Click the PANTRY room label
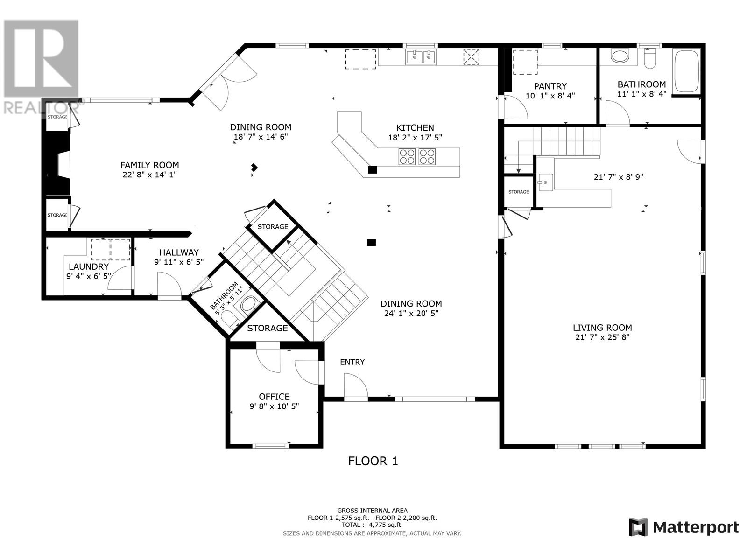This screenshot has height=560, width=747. pos(550,86)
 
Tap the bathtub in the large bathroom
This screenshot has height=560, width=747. pos(686,71)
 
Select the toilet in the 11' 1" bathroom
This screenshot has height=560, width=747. pos(650,59)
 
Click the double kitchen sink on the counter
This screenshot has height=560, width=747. pos(421,57)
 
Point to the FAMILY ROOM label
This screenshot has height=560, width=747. pos(149,165)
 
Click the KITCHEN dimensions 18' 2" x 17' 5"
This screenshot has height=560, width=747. pos(415,137)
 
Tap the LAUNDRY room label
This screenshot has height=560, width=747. pos(89,266)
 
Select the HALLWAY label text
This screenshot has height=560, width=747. pos(179,252)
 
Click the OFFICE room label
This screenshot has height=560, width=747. pos(274,397)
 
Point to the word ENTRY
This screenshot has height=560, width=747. pos(352,362)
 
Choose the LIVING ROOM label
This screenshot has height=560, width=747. pos(602,328)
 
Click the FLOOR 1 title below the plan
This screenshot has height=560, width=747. pos(373,461)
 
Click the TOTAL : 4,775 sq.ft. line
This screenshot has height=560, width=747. pos(372,525)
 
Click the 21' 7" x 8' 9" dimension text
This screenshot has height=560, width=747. pos(618,177)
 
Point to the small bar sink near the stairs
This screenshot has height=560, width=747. pos(545,182)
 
